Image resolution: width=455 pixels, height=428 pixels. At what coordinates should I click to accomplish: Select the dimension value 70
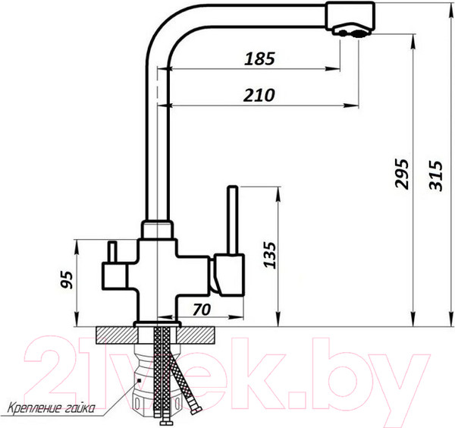tap(202, 310)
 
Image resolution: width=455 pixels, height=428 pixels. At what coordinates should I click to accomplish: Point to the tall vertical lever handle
tap(234, 220)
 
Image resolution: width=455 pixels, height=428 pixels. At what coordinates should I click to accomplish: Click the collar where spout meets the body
tap(157, 228)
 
